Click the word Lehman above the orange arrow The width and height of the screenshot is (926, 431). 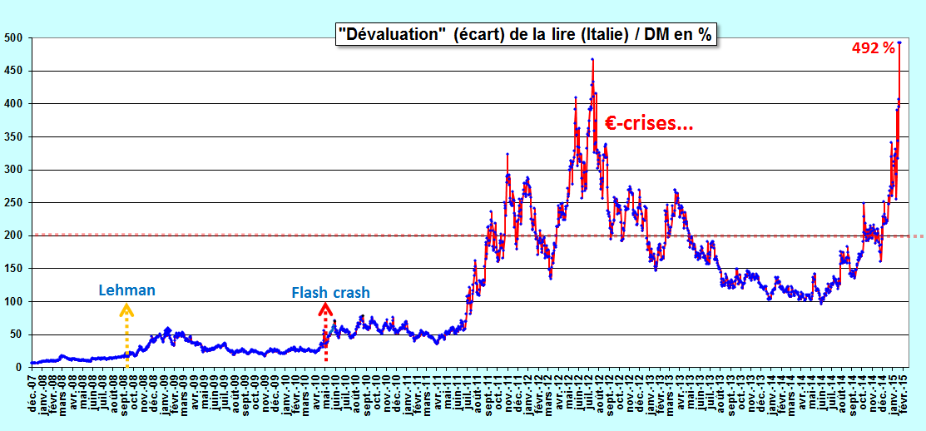126,290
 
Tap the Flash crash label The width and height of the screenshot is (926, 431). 331,292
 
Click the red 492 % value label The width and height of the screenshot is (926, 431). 873,49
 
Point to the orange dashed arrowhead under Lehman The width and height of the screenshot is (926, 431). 126,309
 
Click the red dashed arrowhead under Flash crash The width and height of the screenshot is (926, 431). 324,308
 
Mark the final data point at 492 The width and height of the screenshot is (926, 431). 899,42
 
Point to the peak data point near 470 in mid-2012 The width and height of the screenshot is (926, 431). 592,59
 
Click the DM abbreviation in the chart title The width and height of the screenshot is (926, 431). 656,35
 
